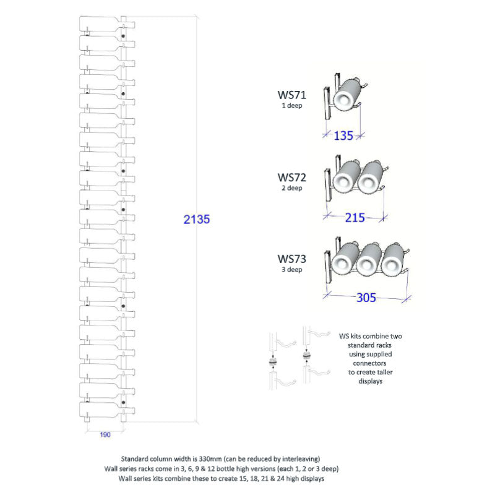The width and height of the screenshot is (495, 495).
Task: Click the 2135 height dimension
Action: pos(197,219)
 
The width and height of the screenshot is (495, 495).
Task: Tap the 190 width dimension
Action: pos(105,435)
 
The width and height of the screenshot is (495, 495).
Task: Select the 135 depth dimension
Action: pos(343,136)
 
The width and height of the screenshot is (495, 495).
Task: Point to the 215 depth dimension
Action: pos(355,218)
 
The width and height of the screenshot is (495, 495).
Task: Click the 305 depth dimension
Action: pos(366,298)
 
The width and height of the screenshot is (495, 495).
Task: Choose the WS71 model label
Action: pos(291,95)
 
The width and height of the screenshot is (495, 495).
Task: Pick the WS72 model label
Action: pos(291,178)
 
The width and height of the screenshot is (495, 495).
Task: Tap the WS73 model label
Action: pos(291,259)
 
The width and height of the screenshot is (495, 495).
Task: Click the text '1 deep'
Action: pos(292,105)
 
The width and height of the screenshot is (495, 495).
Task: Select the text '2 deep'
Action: pos(292,188)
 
